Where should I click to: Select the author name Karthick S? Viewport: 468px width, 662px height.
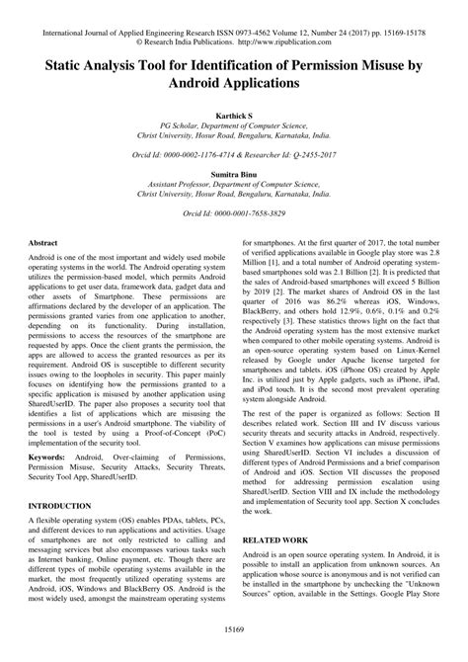(234, 117)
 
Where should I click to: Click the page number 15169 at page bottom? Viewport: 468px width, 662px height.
(234, 651)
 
